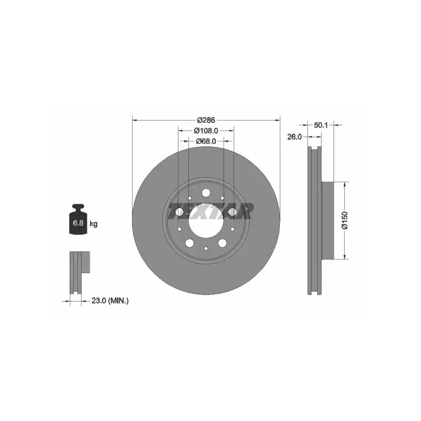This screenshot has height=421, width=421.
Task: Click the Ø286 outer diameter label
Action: (x=206, y=120)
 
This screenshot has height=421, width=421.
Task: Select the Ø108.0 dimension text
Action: (x=206, y=131)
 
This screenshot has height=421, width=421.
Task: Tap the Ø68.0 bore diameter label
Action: (x=206, y=141)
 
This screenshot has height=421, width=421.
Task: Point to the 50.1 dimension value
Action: (x=321, y=125)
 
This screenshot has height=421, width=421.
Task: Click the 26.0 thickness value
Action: (x=295, y=137)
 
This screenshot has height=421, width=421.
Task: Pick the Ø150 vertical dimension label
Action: (x=345, y=220)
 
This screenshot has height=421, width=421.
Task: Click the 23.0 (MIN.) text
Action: (x=110, y=300)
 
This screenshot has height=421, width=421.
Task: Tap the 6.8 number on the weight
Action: (x=78, y=223)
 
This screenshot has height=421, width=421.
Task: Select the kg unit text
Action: (x=94, y=223)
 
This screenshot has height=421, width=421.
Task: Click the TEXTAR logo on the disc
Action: (x=210, y=211)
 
